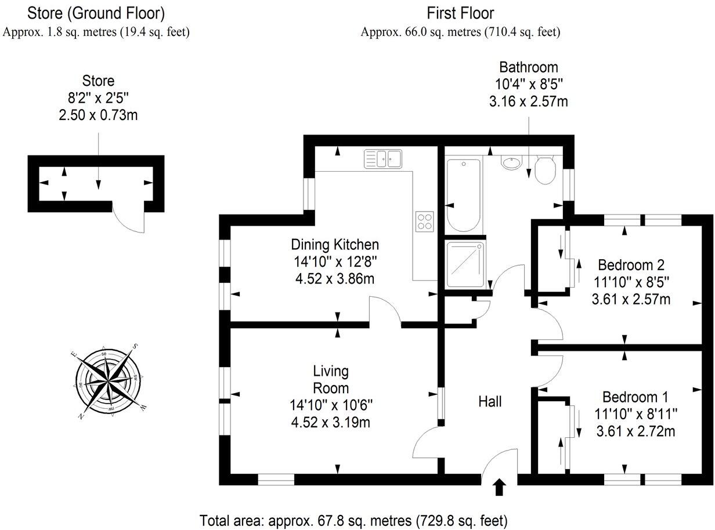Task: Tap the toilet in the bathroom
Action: point(546,169)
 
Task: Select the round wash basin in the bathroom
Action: point(511,164)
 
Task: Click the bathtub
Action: point(463,195)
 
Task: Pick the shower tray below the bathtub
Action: point(465,264)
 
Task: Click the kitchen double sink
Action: point(383,158)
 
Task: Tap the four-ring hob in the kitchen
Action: point(425,220)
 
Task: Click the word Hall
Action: point(490,401)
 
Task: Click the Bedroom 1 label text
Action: point(635,397)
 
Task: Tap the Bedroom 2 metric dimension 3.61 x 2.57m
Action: point(630,299)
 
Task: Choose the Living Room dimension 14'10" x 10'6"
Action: point(331,405)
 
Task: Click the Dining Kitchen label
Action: point(335,244)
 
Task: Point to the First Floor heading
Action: point(460,12)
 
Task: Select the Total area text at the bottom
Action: point(353,520)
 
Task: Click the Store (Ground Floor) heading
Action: point(96,12)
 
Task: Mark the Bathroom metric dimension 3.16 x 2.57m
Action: point(528,102)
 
